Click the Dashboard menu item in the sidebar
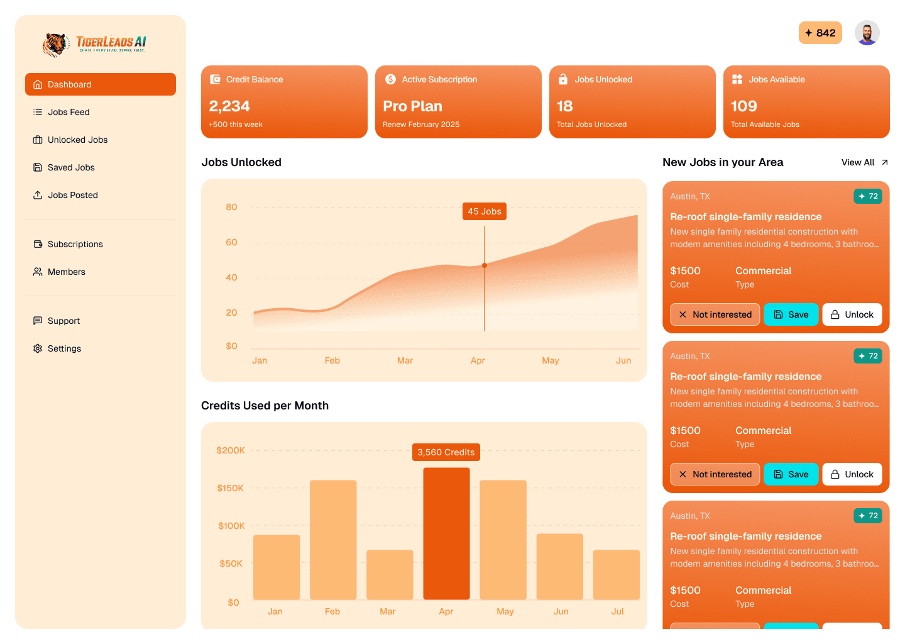[x=100, y=84]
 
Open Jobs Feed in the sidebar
[x=69, y=112]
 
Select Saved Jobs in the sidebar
[x=71, y=167]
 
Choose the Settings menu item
[x=64, y=348]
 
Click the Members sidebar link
[x=66, y=272]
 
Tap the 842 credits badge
[x=820, y=33]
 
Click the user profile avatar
[x=867, y=33]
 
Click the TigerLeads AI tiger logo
[x=55, y=44]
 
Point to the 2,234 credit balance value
[x=229, y=106]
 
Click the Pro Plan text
[x=412, y=106]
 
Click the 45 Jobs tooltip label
[x=484, y=211]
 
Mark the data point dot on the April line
[x=484, y=265]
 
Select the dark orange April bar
[x=446, y=533]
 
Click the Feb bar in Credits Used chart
[x=333, y=540]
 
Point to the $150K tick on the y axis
[x=230, y=488]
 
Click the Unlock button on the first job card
[x=852, y=314]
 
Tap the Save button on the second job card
[x=791, y=474]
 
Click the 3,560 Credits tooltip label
[x=446, y=452]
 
